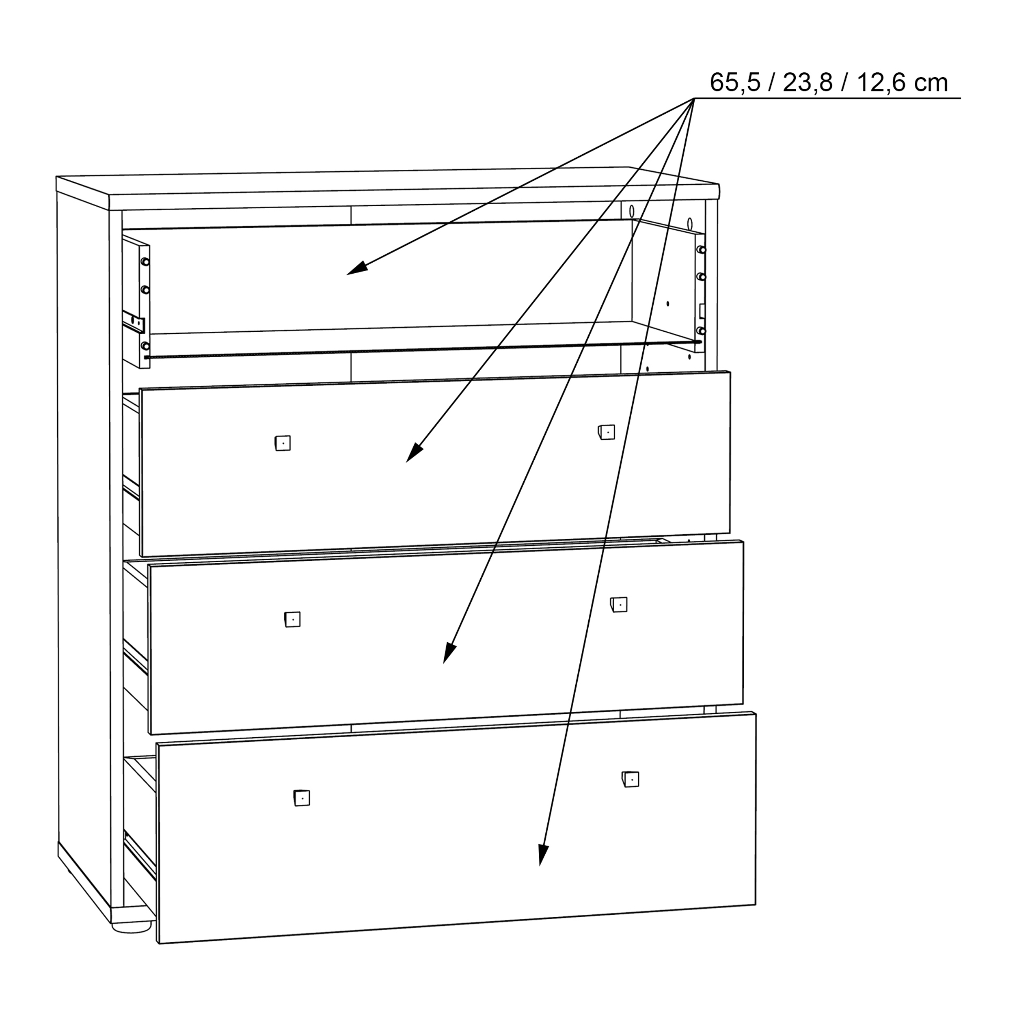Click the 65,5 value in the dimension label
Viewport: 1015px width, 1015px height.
734,83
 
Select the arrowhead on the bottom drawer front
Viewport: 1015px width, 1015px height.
542,854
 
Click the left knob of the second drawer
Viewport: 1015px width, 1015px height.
283,443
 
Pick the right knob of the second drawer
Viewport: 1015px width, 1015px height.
607,432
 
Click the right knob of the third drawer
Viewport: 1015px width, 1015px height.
620,605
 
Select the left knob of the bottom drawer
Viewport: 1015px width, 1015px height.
302,798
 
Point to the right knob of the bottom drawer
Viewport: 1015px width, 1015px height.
631,779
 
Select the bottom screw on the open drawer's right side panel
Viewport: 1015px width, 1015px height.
700,330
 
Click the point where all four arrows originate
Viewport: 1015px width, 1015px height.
694,99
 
